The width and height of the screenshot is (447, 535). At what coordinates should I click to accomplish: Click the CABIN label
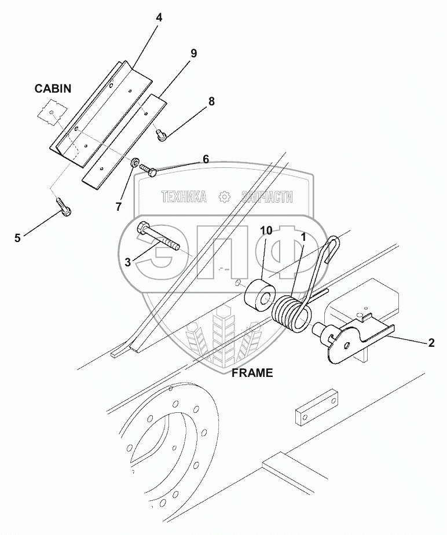click(52, 89)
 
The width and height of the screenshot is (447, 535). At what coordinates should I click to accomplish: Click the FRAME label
click(252, 373)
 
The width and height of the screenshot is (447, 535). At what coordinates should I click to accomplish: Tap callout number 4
click(159, 17)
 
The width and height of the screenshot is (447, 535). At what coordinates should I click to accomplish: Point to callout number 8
click(211, 101)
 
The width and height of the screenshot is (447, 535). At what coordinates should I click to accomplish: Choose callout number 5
click(17, 237)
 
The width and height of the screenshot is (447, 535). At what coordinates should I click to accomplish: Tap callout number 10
click(266, 231)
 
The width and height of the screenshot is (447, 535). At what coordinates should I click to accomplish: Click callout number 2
click(431, 343)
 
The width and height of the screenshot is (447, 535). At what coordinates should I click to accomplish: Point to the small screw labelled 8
click(162, 134)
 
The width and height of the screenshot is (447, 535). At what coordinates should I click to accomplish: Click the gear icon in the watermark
click(223, 197)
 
